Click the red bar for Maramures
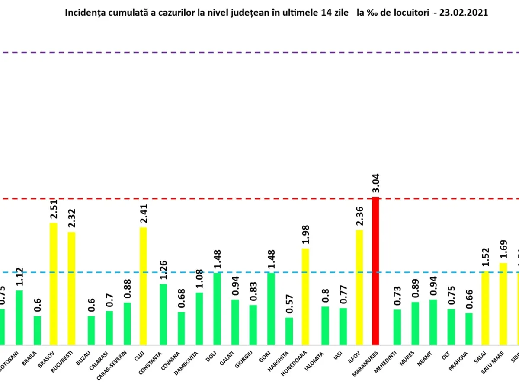(x=375, y=271)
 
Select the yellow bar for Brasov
(x=53, y=284)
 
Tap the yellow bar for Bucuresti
(x=71, y=288)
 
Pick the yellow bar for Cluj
(x=143, y=286)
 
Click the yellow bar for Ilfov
(x=359, y=287)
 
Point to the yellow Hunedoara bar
(x=305, y=296)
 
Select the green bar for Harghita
(x=289, y=331)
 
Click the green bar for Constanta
(x=163, y=314)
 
